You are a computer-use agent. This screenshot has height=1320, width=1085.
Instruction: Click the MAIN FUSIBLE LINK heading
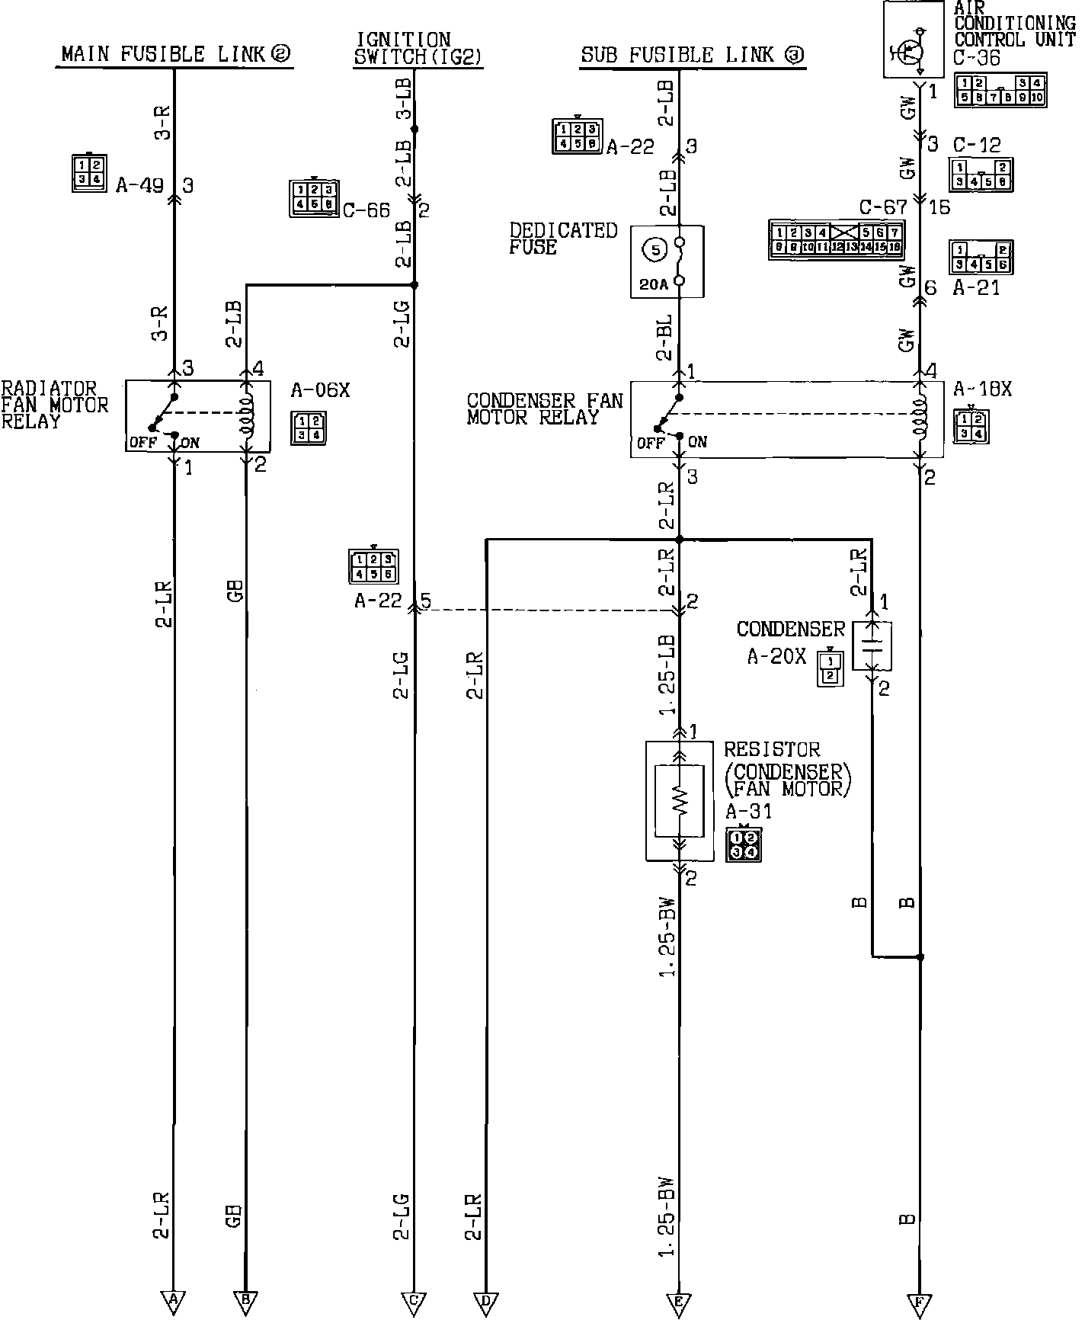(175, 54)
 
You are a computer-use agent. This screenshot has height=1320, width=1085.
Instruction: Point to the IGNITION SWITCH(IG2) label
(418, 48)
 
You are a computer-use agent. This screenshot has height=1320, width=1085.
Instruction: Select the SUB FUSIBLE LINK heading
(693, 55)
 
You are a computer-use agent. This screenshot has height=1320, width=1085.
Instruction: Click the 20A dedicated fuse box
(667, 261)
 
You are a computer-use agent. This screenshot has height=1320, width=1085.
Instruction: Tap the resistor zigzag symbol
(679, 799)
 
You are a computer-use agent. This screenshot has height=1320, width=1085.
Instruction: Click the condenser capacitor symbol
(872, 645)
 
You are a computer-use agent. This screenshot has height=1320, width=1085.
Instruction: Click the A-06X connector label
(320, 391)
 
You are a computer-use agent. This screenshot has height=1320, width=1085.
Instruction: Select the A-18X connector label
(982, 389)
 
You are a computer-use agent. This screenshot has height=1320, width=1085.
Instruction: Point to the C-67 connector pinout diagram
(836, 239)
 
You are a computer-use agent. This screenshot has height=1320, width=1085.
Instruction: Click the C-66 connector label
(366, 210)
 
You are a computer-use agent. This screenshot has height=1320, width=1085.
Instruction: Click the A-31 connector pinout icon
(744, 844)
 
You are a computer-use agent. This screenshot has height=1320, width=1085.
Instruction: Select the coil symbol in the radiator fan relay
(246, 415)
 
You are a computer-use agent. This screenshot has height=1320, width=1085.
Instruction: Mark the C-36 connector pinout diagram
(1000, 90)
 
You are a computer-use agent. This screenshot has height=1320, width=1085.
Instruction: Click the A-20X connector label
(776, 656)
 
